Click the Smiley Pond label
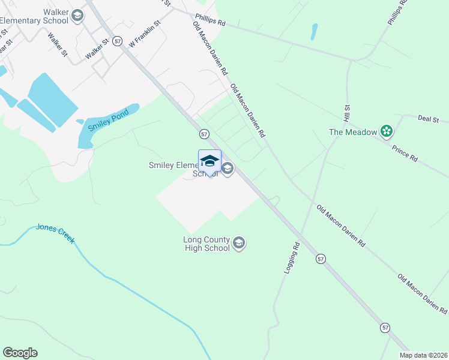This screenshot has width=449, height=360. (x=109, y=119)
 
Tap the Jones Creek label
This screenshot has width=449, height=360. (x=55, y=233)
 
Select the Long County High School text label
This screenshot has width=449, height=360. (x=206, y=244)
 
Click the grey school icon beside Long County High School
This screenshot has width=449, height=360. (x=239, y=243)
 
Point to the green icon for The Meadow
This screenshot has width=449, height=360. (x=387, y=132)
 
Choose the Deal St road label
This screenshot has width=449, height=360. (x=429, y=119)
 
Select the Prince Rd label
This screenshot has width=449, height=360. (x=404, y=153)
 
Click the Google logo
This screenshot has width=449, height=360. (x=20, y=353)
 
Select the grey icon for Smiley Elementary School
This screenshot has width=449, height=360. (x=227, y=169)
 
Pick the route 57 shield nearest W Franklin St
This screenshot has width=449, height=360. (x=117, y=41)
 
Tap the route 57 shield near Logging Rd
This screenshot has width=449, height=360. (x=321, y=259)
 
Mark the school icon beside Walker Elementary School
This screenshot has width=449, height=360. (x=77, y=16)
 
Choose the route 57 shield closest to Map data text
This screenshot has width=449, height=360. (x=385, y=328)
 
